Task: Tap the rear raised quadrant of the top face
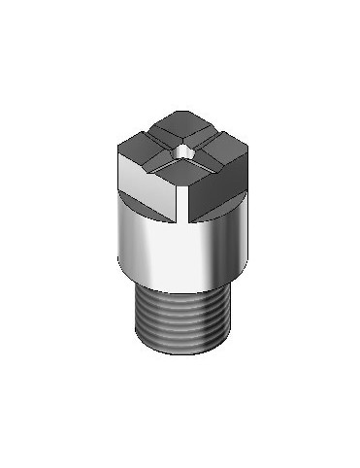(181, 129)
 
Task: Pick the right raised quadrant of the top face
(217, 148)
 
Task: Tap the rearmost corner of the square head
(181, 115)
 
